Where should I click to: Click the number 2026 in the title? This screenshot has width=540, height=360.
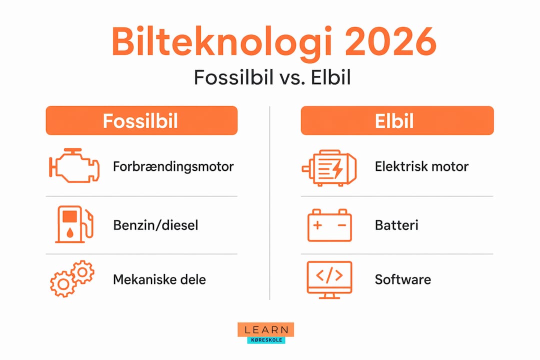coord(390,41)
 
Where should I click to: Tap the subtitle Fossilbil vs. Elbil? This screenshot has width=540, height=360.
coord(272,77)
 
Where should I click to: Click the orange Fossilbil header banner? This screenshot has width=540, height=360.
coord(141,120)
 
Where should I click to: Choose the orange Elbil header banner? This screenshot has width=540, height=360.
coord(397,120)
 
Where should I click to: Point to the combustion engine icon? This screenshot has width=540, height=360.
coord(74,165)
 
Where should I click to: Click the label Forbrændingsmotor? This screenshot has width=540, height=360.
coord(173,166)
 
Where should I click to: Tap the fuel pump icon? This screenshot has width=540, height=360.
coord(74,224)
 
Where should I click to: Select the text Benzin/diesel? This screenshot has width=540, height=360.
coord(155,225)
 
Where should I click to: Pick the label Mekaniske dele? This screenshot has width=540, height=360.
coord(159,279)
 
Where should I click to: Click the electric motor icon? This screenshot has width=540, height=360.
coord(329,168)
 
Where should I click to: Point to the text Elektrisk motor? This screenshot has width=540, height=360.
coord(421,166)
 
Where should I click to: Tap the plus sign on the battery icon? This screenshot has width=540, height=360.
coord(317,225)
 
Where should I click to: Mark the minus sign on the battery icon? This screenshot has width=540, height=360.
coord(342,225)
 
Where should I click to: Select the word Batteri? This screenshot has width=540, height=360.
coord(396,225)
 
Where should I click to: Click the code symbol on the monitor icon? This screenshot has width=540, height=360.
coord(329,275)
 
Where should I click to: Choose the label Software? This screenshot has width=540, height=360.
coord(402,279)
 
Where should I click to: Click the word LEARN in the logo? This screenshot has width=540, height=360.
coord(266,329)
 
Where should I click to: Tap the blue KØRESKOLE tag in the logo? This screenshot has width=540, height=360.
coord(266,340)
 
